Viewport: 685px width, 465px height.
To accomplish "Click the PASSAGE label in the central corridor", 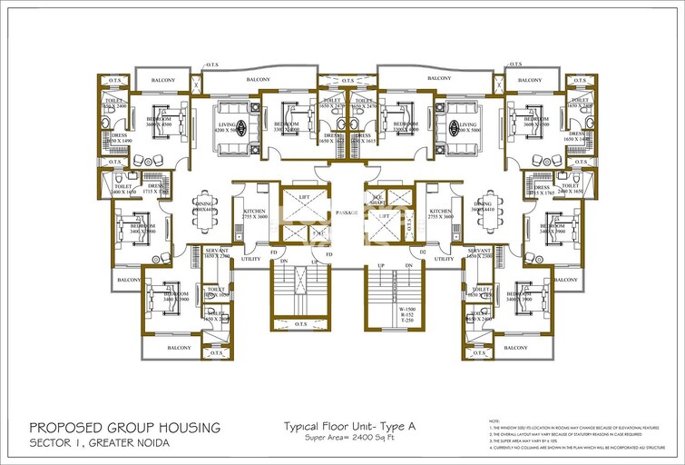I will (x=346, y=213).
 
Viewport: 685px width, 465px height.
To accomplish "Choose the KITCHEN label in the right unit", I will (x=441, y=211).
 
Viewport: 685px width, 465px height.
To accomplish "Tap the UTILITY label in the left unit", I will (x=250, y=259).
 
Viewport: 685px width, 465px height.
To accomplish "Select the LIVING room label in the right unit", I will (x=467, y=124).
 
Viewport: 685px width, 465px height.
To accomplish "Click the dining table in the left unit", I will (x=203, y=215).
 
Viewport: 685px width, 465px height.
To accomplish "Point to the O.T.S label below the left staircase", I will (x=302, y=323).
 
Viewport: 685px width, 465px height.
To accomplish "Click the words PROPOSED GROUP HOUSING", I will (x=124, y=427).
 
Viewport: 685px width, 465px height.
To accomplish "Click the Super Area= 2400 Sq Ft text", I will (x=346, y=438).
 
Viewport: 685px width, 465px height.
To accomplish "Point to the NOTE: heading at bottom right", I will (x=494, y=420).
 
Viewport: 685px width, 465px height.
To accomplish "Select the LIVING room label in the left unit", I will (x=226, y=124).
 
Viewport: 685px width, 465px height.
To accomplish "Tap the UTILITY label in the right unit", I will (x=444, y=259).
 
